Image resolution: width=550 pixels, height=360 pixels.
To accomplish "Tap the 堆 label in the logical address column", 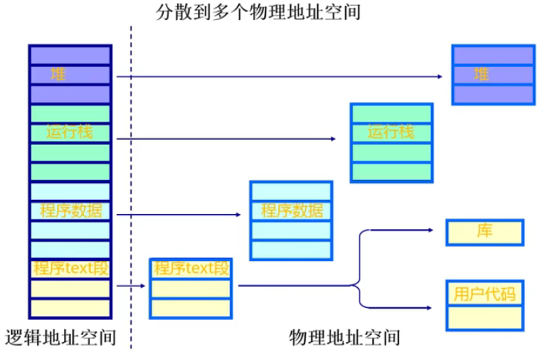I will point(57,74).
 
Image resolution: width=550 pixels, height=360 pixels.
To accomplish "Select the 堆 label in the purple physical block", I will point(482,74).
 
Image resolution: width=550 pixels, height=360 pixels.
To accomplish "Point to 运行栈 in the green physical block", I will point(390,132).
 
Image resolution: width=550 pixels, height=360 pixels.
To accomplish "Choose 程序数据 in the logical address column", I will point(70,210).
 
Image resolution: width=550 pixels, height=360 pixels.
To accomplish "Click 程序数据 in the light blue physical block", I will point(292,210).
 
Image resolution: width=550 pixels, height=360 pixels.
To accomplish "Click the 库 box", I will point(485,232).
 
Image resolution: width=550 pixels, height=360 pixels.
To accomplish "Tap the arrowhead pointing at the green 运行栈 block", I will point(332,138).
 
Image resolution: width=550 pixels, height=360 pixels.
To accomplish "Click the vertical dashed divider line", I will point(131,186).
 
